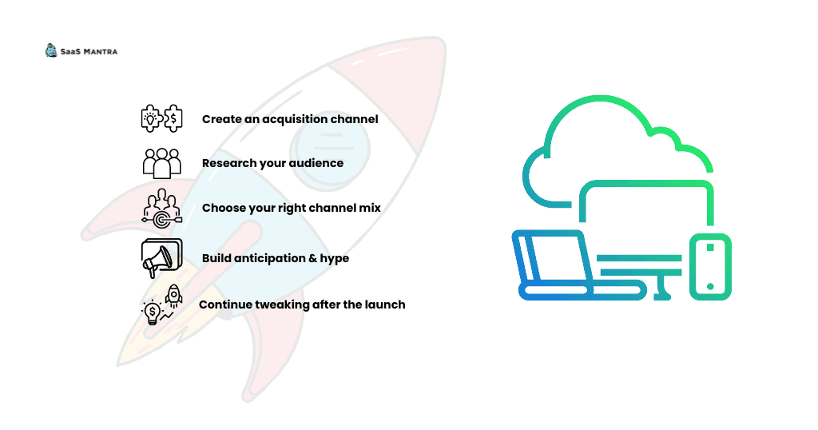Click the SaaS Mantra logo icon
coord(50,50)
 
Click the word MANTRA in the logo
coord(101,52)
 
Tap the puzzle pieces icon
coord(161,118)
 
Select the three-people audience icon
coord(161,163)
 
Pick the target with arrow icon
coord(161,209)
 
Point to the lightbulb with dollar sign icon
coord(153,313)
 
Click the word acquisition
coord(294,120)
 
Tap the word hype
coord(335,259)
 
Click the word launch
coord(386,305)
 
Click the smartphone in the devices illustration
coord(710,267)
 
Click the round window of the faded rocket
coord(330,148)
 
